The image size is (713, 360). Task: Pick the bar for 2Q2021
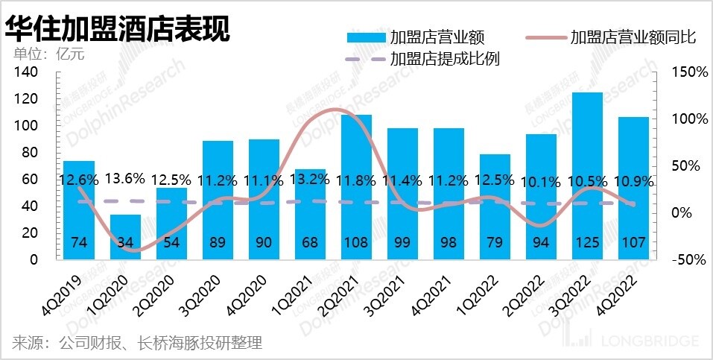pyautogui.click(x=357, y=186)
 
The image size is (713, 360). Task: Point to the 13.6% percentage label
pyautogui.click(x=125, y=180)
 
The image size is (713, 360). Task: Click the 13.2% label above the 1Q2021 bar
pyautogui.click(x=311, y=180)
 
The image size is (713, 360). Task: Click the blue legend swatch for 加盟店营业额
pyautogui.click(x=366, y=37)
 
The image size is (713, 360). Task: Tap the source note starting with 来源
pyautogui.click(x=137, y=343)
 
